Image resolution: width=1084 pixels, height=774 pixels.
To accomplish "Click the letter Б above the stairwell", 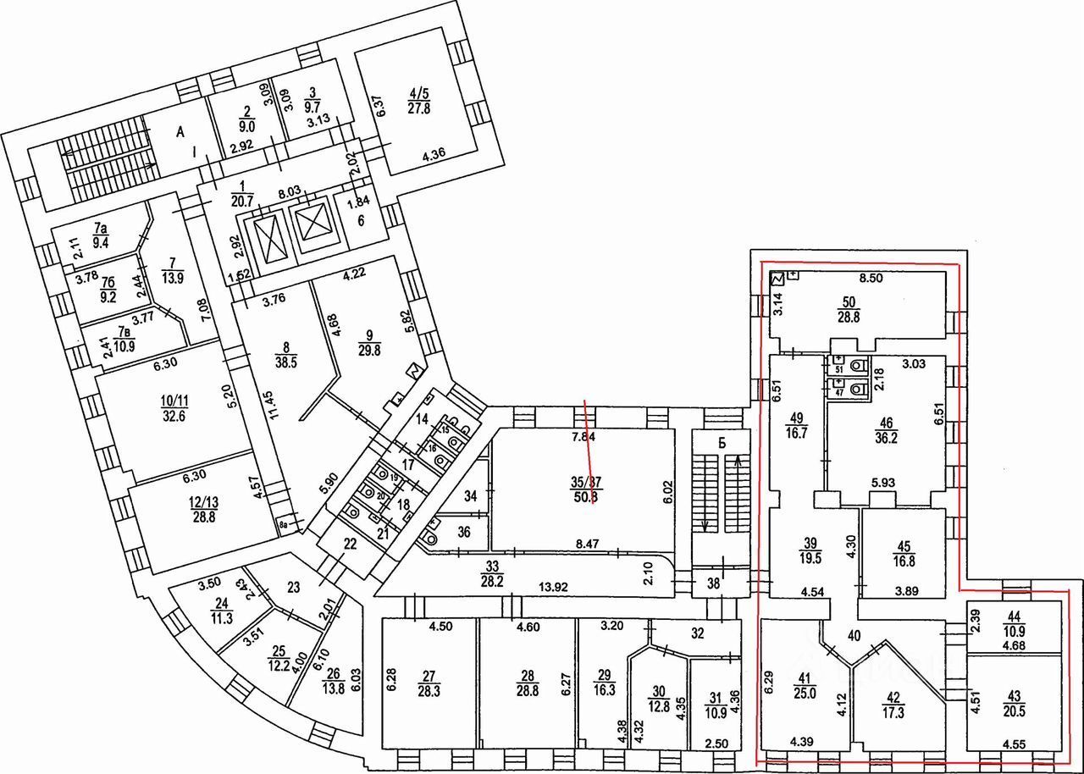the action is (721, 442).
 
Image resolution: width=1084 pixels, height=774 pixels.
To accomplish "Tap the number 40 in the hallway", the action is (853, 635).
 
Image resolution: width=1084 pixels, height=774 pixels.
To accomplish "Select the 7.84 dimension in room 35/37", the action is (584, 438).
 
